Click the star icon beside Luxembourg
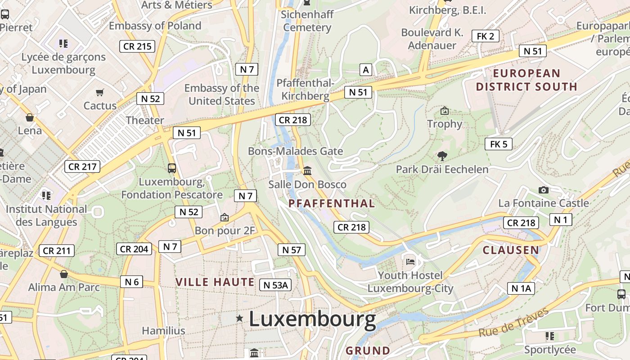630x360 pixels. point(239,319)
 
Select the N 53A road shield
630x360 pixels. point(275,285)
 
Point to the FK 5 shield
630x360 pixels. point(498,144)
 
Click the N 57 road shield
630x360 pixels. point(292,250)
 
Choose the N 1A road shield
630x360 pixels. point(521,288)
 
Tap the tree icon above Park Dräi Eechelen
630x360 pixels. point(442,156)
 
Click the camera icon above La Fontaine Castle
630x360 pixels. point(543,190)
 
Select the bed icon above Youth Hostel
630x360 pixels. point(410,261)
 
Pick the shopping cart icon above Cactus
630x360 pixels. point(99,93)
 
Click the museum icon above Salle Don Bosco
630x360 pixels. point(307,171)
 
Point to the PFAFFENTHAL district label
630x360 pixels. point(332,204)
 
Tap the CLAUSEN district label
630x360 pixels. point(510,250)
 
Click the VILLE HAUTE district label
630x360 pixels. point(215,282)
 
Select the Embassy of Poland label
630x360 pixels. point(155,26)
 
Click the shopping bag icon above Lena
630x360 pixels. point(30,118)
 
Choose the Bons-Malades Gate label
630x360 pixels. point(295,151)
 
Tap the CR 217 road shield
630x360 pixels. point(82,166)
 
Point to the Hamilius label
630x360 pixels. point(163,331)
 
